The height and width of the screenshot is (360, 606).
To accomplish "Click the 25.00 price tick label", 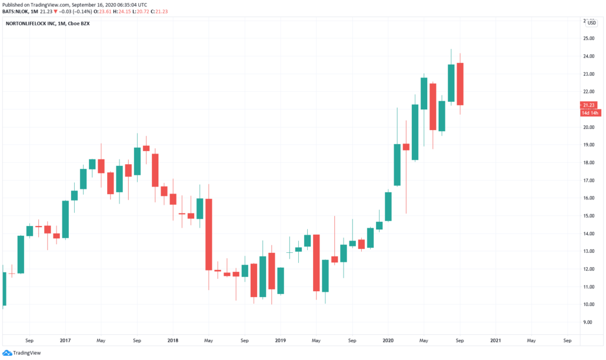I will (x=589, y=39).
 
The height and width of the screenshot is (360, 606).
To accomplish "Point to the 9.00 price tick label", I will (x=588, y=322).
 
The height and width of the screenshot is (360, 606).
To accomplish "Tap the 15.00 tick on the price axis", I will (x=589, y=216).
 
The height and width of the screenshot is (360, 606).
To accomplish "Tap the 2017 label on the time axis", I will (x=65, y=341).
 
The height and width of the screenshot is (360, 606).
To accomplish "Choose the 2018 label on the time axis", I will (x=173, y=341).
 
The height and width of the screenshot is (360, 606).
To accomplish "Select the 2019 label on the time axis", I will (x=281, y=341).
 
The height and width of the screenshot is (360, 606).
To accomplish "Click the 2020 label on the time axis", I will (x=388, y=341).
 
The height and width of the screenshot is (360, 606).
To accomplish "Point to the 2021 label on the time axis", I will (x=495, y=341).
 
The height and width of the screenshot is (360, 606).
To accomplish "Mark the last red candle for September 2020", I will (x=460, y=84).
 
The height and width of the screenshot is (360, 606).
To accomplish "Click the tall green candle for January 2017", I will (x=65, y=219).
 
